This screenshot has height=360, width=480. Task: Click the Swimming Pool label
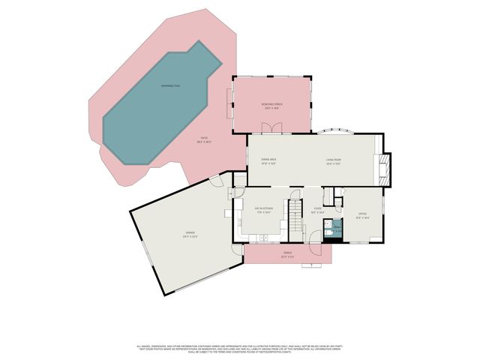(170, 86)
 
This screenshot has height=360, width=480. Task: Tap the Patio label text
(204, 140)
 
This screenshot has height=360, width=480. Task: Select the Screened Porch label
(272, 106)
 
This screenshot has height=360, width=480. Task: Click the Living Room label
(334, 162)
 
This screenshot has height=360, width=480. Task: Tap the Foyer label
(318, 210)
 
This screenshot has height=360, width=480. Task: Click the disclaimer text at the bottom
(240, 349)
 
